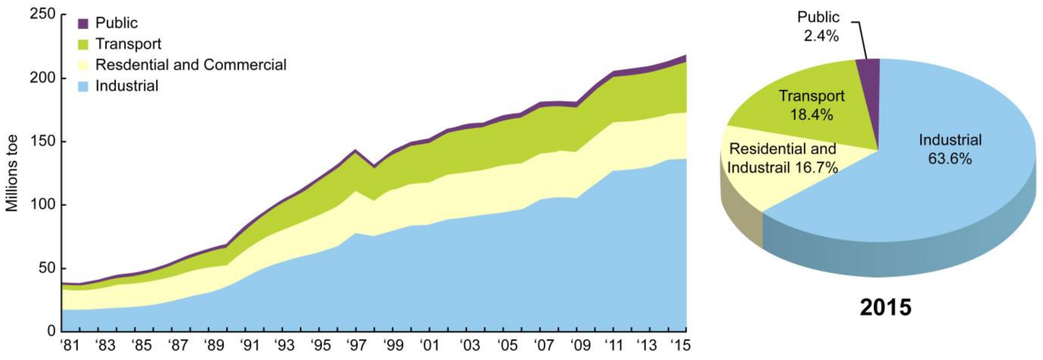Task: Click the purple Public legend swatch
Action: pos(83,23)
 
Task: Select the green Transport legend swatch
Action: pos(83,45)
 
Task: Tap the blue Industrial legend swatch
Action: pos(83,86)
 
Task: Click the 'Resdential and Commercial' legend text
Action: pos(191,65)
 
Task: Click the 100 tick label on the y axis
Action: pos(42,204)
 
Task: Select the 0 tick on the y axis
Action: pos(51,331)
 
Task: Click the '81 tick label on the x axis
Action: pos(70,345)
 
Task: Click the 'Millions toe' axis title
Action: pos(12,173)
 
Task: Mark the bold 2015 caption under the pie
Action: pos(886,308)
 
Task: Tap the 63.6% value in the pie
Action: pos(950,159)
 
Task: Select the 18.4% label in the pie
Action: pos(812,115)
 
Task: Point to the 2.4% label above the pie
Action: pos(821,36)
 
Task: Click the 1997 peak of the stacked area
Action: pos(355,150)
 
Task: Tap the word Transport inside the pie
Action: pos(812,96)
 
